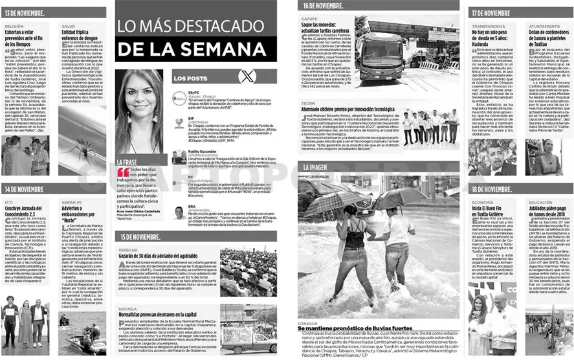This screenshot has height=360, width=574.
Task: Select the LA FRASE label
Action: (x=126, y=162)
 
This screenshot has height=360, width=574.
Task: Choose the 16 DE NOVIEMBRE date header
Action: (x=324, y=5)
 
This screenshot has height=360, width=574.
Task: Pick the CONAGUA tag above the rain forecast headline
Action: (x=307, y=322)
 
